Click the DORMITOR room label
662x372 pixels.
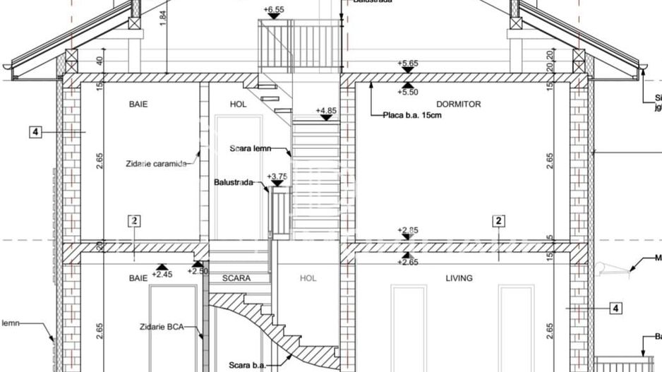459,104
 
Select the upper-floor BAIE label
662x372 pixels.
138,104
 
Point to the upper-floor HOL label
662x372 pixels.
239,104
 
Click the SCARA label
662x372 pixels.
236,278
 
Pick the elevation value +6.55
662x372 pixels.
273,10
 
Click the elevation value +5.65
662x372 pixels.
408,64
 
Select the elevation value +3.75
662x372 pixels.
277,176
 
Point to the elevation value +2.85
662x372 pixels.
408,230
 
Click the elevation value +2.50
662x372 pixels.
198,271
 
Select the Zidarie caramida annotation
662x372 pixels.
157,164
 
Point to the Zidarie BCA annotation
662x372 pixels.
162,327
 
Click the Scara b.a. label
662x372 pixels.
246,365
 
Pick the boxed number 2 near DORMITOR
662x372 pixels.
499,221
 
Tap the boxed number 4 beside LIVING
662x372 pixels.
615,308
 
